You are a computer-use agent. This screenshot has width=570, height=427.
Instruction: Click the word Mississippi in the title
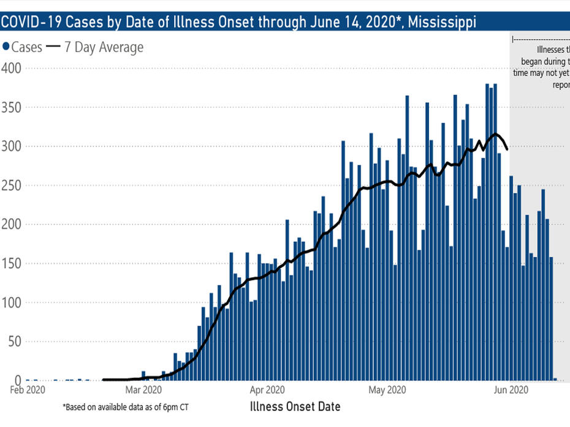click(442, 23)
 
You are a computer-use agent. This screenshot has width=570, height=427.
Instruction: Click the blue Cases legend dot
click(7, 47)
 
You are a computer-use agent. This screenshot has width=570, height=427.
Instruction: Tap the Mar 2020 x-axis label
click(142, 389)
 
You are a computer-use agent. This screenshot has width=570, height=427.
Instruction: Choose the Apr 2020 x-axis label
click(267, 389)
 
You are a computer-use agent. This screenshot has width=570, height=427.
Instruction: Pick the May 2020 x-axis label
click(387, 389)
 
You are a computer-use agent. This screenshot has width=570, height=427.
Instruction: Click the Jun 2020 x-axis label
click(511, 389)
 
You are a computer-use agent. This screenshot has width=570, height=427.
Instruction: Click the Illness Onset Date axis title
click(295, 406)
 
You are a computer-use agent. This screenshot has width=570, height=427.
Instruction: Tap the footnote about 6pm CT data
click(129, 407)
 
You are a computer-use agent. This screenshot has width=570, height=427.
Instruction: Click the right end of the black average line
click(507, 148)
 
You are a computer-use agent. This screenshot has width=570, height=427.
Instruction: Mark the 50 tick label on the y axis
click(14, 342)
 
